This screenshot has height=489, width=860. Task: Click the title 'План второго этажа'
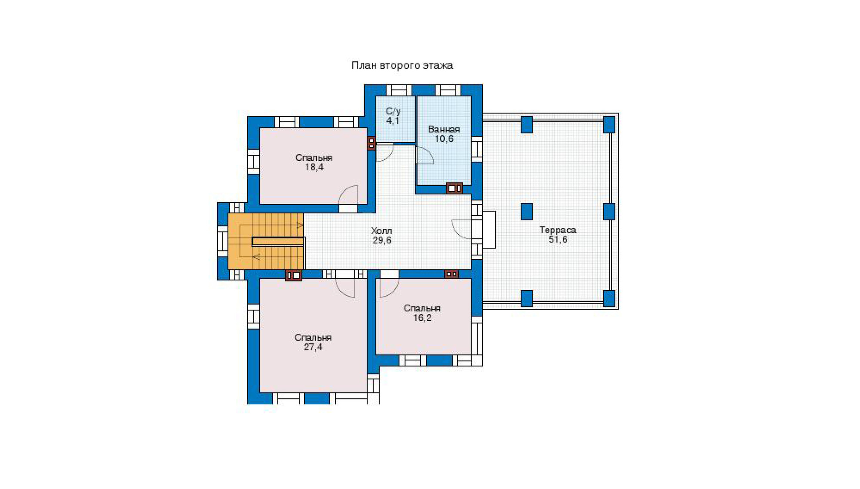pos(402,65)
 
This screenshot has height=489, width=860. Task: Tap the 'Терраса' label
pos(558,230)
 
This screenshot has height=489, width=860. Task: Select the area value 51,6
pos(558,240)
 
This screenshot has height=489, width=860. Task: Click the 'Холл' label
pos(381,231)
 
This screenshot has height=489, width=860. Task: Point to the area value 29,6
pos(382,240)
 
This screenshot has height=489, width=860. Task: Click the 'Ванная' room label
pos(444,129)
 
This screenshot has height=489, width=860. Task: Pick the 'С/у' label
pos(393,111)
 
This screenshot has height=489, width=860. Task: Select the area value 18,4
pos(314,167)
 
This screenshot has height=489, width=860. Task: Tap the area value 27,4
pos(313,347)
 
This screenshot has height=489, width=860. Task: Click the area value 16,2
pos(422,318)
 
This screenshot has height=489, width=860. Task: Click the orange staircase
pos(266,241)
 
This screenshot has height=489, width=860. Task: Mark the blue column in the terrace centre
pos(527,212)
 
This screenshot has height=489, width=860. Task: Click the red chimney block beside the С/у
pos(372,143)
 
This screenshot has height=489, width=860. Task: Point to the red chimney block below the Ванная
pos(455,188)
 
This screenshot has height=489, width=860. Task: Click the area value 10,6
pos(444,139)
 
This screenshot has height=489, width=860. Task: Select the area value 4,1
pos(393,121)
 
